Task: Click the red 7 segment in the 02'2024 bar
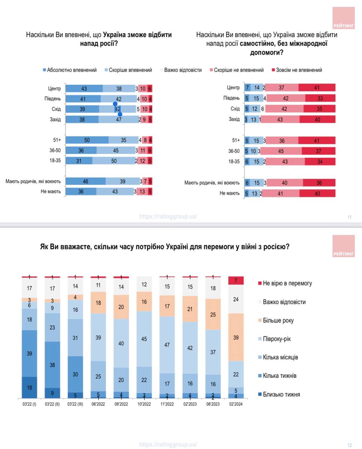click(x=236, y=281)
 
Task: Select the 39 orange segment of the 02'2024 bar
click(x=236, y=337)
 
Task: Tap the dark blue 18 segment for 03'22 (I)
click(x=29, y=387)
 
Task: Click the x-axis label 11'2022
click(x=167, y=404)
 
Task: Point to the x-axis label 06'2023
click(x=213, y=404)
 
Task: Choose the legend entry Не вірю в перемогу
click(x=287, y=283)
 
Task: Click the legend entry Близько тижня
click(x=281, y=394)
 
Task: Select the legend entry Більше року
click(x=278, y=320)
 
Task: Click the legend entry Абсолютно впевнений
click(x=72, y=70)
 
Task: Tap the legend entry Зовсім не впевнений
click(x=299, y=70)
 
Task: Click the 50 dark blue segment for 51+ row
click(x=87, y=140)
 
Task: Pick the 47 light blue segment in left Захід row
click(x=119, y=120)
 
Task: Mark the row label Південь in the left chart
click(x=53, y=99)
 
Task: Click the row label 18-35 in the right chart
click(x=234, y=162)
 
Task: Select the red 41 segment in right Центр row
click(x=317, y=88)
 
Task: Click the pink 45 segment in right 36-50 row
click(x=281, y=151)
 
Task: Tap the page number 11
click(x=349, y=217)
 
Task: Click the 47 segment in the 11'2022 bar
click(x=167, y=345)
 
